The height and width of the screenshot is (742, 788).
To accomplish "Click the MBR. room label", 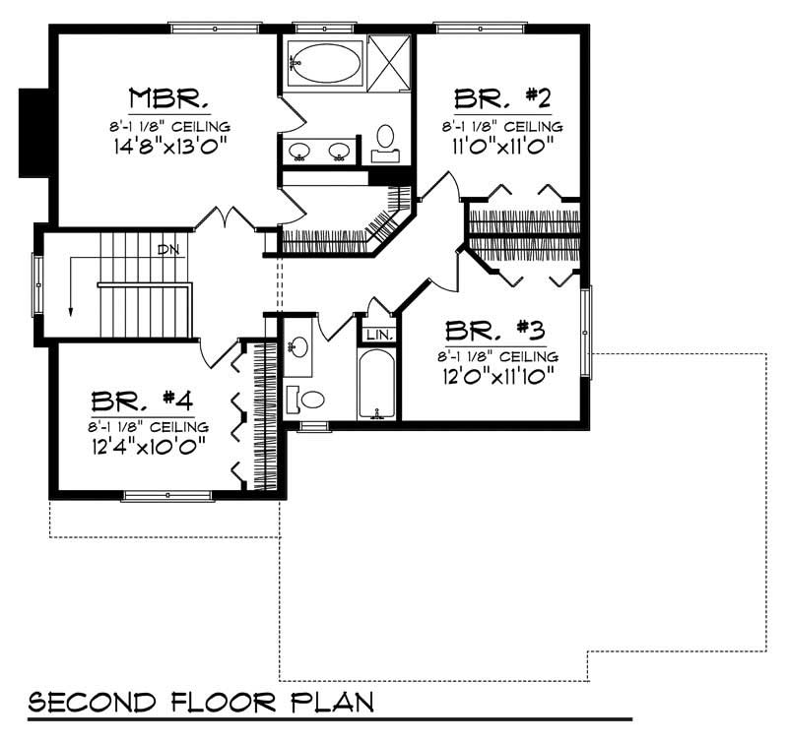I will pyautogui.click(x=168, y=98).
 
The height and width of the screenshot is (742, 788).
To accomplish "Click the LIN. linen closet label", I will pyautogui.click(x=379, y=335).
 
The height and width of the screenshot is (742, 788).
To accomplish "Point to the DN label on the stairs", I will pyautogui.click(x=168, y=250).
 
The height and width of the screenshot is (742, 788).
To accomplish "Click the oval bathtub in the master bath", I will pyautogui.click(x=326, y=62).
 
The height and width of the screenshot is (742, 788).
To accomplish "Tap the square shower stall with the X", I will pyautogui.click(x=390, y=62).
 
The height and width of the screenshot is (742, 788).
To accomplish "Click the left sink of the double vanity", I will pyautogui.click(x=299, y=152).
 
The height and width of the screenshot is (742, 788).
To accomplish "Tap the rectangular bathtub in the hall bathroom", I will pyautogui.click(x=377, y=384).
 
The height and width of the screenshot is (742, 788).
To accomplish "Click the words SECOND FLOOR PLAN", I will pyautogui.click(x=201, y=702).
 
